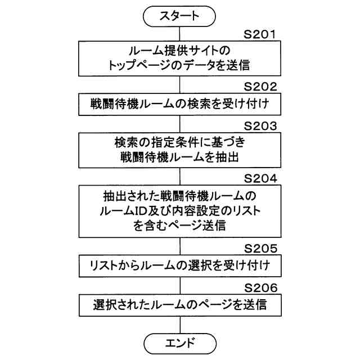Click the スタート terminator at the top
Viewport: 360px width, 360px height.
point(179,16)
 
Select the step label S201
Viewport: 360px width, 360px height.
point(260,35)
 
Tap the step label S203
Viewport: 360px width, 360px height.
point(260,125)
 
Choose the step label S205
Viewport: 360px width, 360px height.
point(260,247)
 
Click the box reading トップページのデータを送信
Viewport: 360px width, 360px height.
point(179,58)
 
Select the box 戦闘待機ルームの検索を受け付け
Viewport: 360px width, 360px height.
point(179,104)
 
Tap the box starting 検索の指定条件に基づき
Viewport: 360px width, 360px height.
point(179,150)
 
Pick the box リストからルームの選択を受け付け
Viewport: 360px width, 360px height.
point(179,265)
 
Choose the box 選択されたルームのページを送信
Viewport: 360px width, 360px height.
point(179,305)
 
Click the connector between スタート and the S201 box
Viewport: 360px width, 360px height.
point(179,33)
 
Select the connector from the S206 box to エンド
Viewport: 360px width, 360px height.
point(179,325)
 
